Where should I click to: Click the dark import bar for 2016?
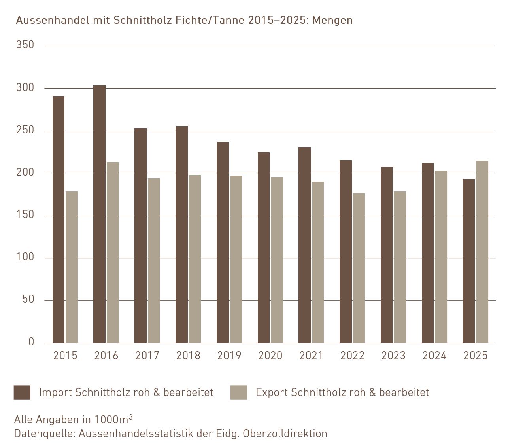99,214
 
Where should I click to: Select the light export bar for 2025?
482,252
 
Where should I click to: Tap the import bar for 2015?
59,220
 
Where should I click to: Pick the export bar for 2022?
359,268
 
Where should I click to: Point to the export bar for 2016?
113,252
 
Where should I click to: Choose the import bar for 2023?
387,255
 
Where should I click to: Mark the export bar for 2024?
441,257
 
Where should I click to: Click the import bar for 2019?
223,242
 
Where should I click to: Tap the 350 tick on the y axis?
25,45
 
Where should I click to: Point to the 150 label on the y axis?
25,215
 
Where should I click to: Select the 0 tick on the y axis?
31,342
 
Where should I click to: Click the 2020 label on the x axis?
270,356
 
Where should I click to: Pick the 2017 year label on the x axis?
147,356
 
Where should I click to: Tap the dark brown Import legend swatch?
22,392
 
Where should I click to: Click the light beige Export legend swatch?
239,392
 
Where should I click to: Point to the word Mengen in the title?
332,20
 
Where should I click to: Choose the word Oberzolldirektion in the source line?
285,434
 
